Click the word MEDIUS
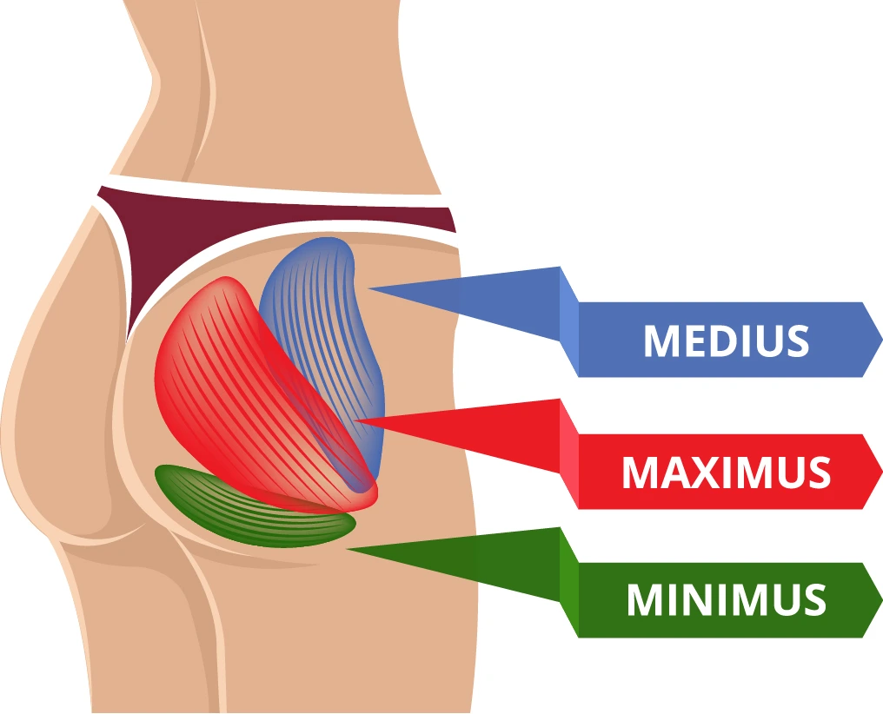(726, 340)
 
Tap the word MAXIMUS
(726, 472)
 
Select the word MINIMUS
(726, 600)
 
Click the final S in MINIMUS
(814, 600)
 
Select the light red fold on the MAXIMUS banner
(568, 452)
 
